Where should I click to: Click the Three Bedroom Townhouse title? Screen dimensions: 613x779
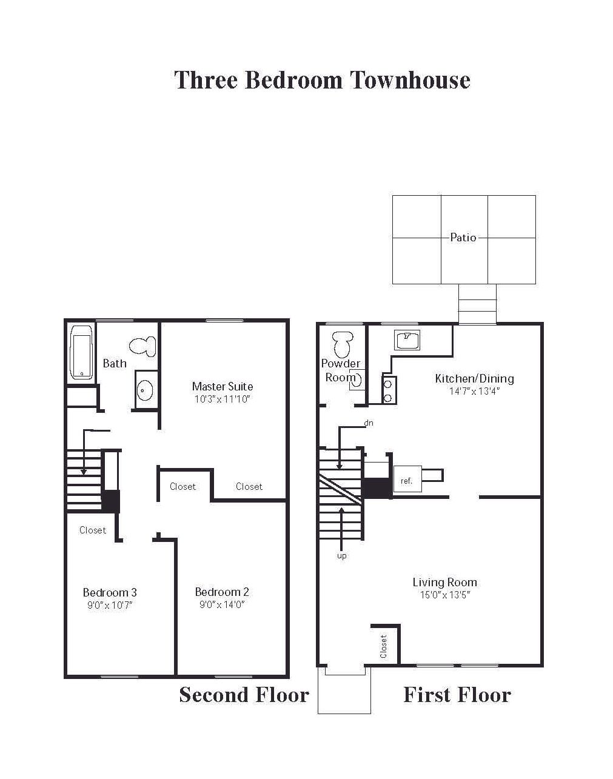pos(322,80)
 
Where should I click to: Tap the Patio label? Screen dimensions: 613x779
pos(463,238)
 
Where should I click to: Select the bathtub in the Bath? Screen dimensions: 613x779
pos(81,352)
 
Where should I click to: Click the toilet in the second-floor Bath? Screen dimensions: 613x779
pos(142,346)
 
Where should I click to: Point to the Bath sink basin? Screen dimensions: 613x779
pos(144,390)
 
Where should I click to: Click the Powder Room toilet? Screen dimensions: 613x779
pos(342,344)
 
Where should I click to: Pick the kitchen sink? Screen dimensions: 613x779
pos(407,340)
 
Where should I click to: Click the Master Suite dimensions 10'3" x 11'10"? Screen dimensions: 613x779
pos(223,400)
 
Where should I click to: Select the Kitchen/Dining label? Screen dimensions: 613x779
pos(474,379)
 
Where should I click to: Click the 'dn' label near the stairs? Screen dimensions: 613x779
pos(368,423)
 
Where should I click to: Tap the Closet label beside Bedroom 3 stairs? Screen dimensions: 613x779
pos(93,530)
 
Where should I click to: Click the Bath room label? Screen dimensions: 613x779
pos(115,364)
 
